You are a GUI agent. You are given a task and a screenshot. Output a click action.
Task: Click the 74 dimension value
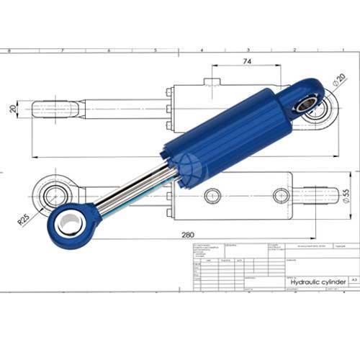point(246,63)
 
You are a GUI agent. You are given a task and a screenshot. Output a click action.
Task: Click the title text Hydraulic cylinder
point(317,282)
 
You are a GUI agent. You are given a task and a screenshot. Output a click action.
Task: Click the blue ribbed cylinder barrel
point(223,133)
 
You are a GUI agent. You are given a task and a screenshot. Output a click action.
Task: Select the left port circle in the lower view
point(212,195)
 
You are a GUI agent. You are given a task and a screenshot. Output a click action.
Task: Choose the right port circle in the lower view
point(281,195)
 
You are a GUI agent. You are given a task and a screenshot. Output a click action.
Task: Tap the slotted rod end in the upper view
point(54,109)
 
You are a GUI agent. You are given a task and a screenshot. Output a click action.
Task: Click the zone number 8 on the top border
point(9,51)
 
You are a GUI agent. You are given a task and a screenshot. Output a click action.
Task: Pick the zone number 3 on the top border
point(248,51)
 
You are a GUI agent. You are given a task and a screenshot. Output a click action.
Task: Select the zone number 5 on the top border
point(156,51)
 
